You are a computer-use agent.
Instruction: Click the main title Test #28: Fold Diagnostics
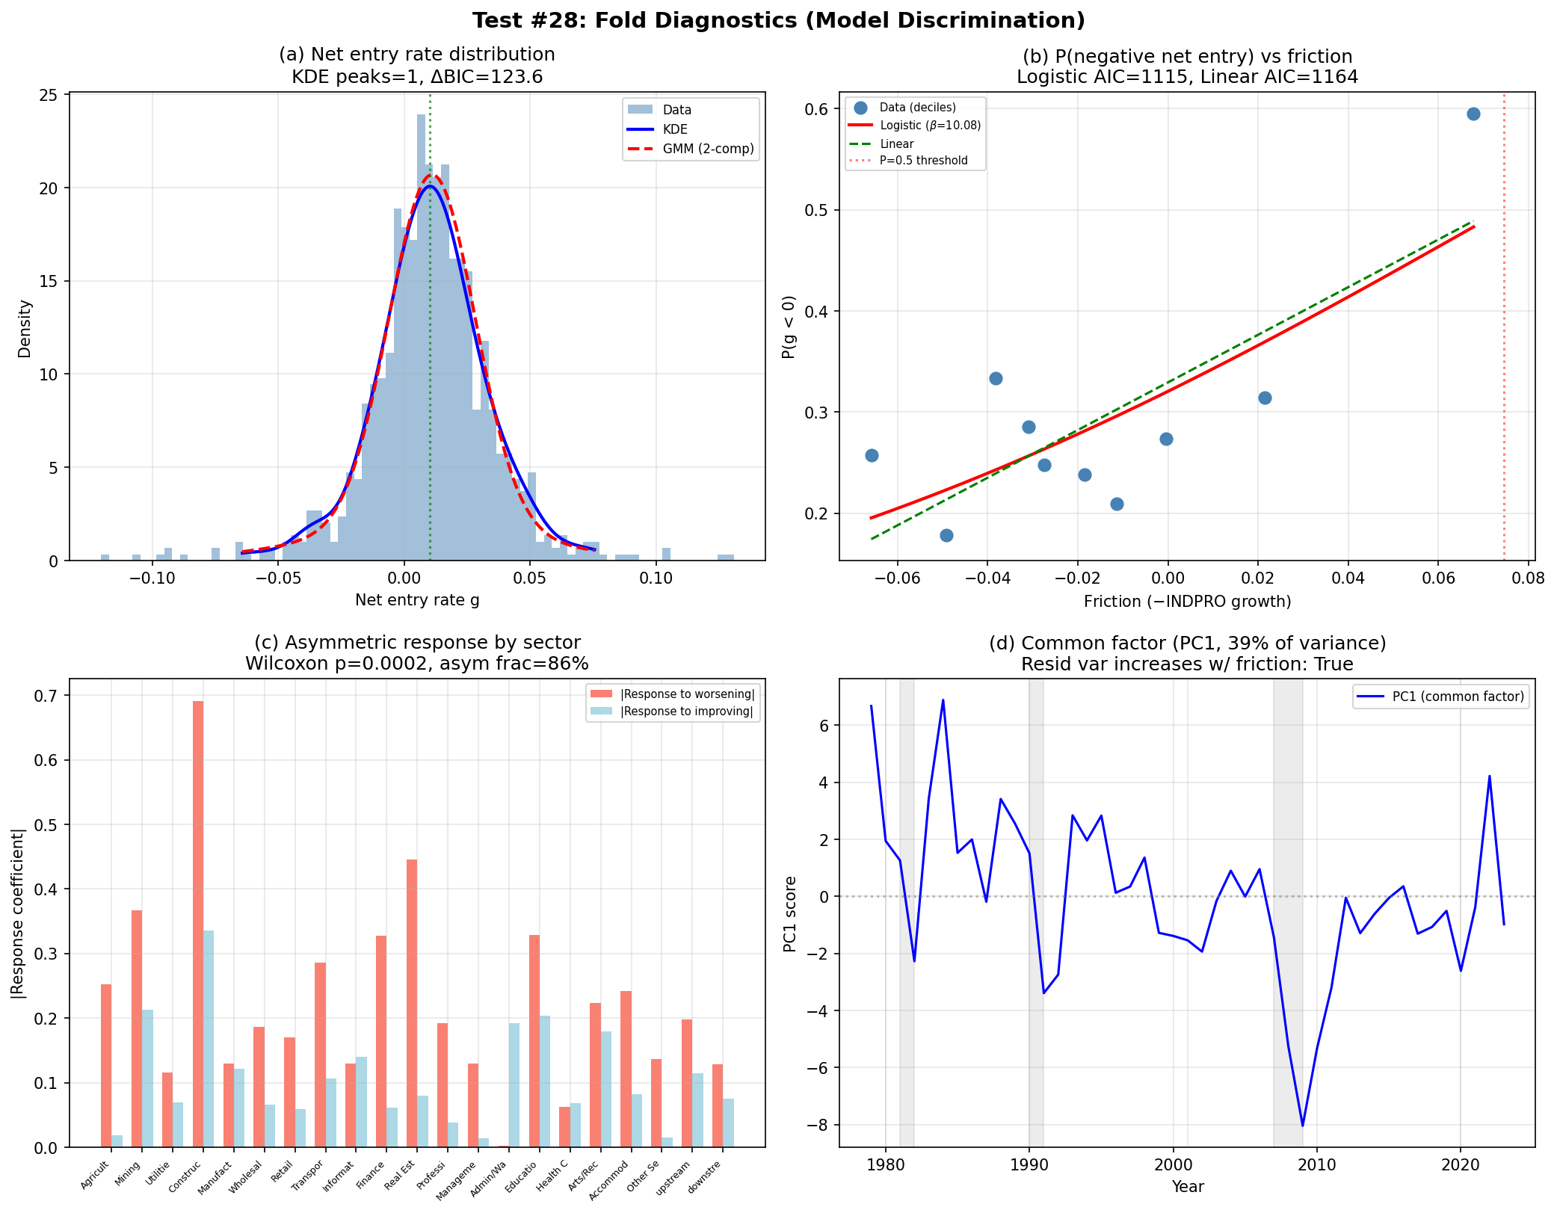coord(778,20)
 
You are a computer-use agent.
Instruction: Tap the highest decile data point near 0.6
coord(1473,114)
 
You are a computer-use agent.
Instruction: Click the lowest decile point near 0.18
coord(946,535)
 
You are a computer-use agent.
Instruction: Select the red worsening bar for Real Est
coord(411,1001)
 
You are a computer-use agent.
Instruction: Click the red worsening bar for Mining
coord(137,1028)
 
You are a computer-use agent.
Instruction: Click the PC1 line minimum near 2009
coord(1302,1125)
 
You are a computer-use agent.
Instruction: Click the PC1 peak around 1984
coord(943,701)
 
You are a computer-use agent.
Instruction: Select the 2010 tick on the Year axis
coord(1316,1164)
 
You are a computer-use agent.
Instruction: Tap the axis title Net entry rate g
coord(417,600)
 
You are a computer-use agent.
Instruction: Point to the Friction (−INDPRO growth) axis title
coord(1187,601)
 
